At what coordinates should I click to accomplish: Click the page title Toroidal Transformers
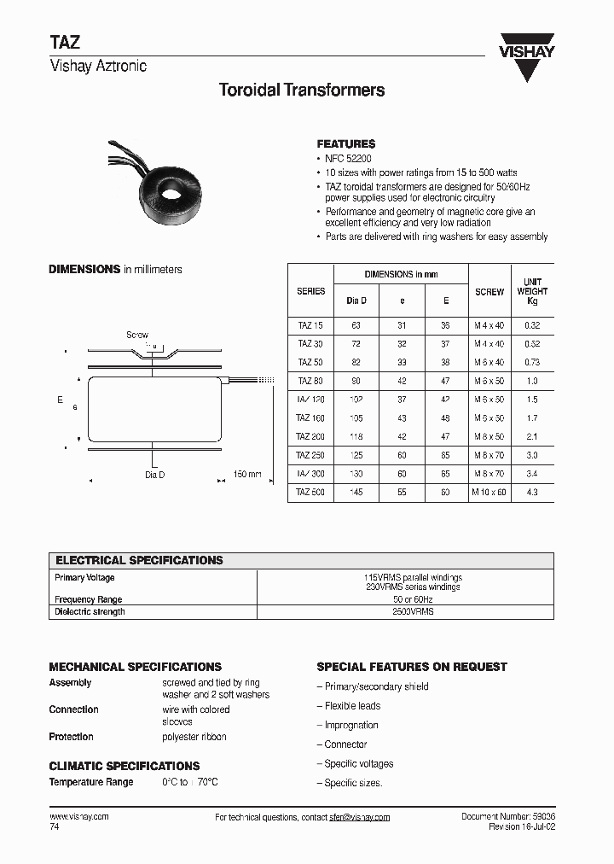pyautogui.click(x=302, y=90)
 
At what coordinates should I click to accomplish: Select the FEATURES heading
pyautogui.click(x=345, y=144)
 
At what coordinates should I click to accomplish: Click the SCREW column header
pyautogui.click(x=489, y=292)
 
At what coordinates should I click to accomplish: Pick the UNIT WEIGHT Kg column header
pyautogui.click(x=532, y=291)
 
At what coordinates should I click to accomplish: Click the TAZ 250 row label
pyautogui.click(x=310, y=455)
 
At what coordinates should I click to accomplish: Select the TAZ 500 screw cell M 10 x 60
pyautogui.click(x=489, y=492)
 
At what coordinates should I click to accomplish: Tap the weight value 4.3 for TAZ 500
pyautogui.click(x=532, y=492)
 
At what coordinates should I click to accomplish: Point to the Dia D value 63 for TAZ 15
pyautogui.click(x=356, y=325)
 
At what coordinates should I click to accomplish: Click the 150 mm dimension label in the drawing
pyautogui.click(x=248, y=475)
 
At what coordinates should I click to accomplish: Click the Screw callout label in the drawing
pyautogui.click(x=137, y=336)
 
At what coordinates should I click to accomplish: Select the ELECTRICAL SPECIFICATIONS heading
pyautogui.click(x=139, y=561)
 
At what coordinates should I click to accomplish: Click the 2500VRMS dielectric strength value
pyautogui.click(x=413, y=611)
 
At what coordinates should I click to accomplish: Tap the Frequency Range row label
pyautogui.click(x=89, y=600)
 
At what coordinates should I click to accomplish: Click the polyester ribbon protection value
pyautogui.click(x=194, y=737)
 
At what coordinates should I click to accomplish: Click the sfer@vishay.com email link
pyautogui.click(x=360, y=817)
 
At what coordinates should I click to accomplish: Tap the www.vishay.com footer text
pyautogui.click(x=79, y=817)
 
